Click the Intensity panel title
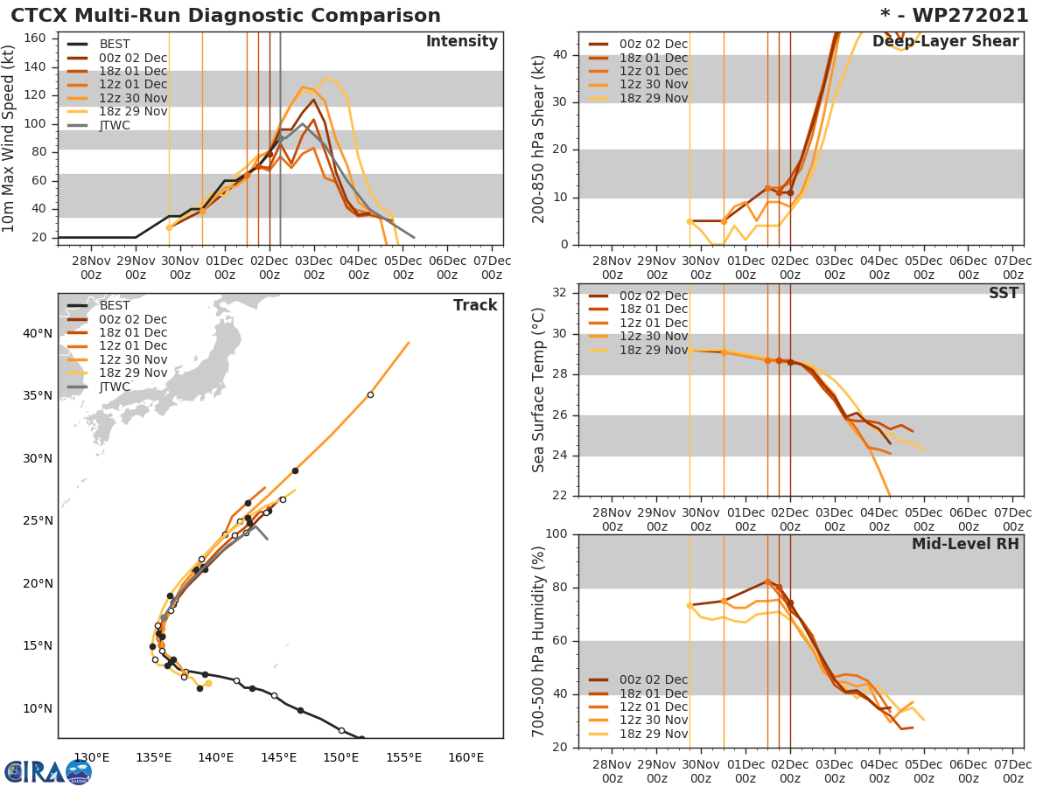(461, 42)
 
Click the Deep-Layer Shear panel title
(945, 42)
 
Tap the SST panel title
(1004, 294)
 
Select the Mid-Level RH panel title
(965, 545)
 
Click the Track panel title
(474, 305)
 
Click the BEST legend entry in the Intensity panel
(115, 45)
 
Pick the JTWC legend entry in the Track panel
(115, 387)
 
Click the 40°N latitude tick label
(38, 333)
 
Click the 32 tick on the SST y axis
(563, 293)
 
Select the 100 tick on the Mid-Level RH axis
(558, 534)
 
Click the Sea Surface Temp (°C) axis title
(539, 390)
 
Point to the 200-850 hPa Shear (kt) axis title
(539, 138)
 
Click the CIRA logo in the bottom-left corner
(47, 772)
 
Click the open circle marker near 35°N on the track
(370, 394)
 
